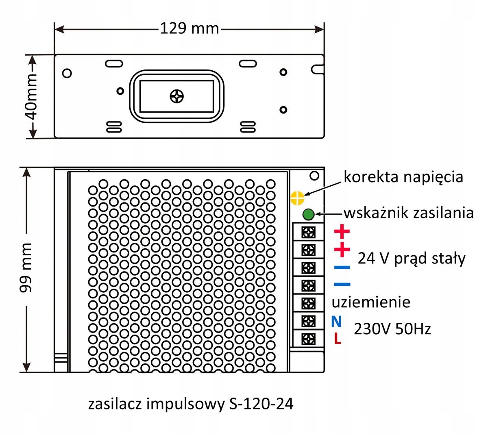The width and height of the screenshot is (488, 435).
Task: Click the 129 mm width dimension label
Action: point(190,28)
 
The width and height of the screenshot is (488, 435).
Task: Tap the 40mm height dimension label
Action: point(32,97)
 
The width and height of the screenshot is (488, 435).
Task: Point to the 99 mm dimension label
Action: point(26,268)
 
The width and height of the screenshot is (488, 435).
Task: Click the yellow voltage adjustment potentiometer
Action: point(297,198)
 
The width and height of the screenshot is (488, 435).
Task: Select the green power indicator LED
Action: point(308,214)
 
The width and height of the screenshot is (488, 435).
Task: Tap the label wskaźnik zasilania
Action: point(409,213)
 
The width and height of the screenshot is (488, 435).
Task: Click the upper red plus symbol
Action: point(342,231)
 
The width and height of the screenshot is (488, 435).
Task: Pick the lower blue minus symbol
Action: point(342,285)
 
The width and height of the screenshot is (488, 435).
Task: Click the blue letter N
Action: point(336,321)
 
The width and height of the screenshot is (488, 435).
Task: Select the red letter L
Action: point(338,338)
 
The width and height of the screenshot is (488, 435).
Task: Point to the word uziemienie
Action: point(371,302)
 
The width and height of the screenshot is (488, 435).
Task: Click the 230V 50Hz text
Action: point(392,329)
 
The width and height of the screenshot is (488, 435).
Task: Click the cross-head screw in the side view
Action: point(177,96)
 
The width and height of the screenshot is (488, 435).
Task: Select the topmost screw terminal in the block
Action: point(308,233)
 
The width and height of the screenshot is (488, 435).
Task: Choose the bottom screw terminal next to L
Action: point(308,339)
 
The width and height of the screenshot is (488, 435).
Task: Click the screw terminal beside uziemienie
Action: point(308,304)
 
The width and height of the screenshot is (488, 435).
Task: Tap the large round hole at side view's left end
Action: point(67,73)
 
